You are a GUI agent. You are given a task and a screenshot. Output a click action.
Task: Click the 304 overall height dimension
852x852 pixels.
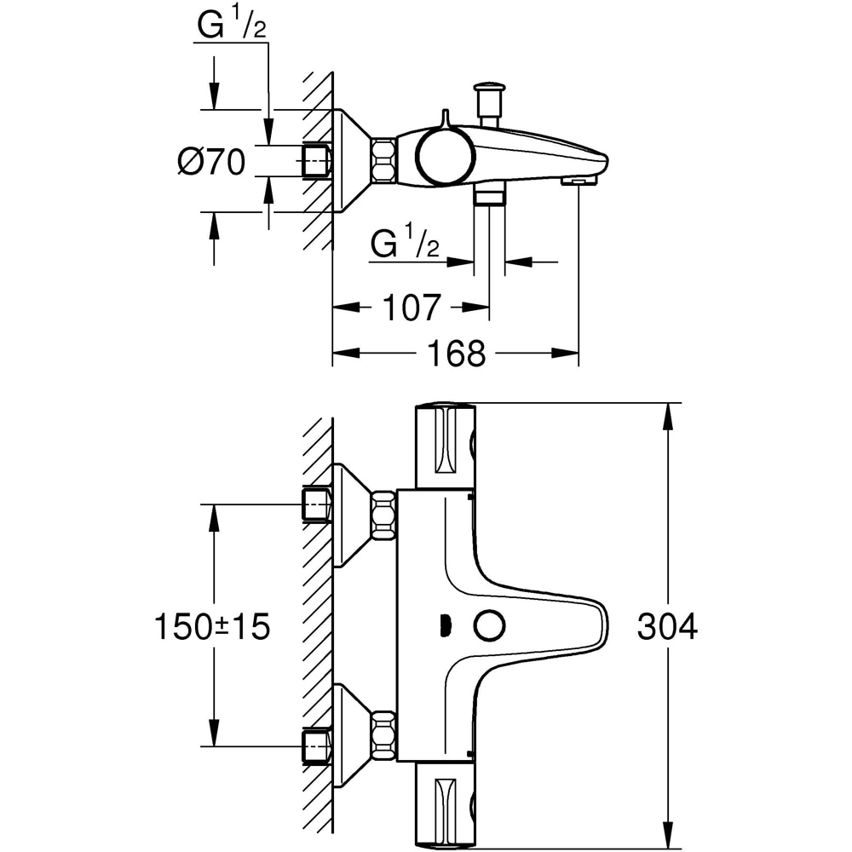667,626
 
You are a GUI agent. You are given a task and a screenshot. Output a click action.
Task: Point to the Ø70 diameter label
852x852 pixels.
211,161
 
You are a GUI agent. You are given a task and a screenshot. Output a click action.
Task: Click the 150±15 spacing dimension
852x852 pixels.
212,626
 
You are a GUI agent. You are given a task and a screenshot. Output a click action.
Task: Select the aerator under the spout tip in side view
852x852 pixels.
579,181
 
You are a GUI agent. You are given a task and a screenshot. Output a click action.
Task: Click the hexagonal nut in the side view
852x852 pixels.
384,159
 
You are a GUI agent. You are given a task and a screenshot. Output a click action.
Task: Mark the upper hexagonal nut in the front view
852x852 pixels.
384,515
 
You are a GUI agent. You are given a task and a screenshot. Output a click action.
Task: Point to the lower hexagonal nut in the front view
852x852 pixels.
384,735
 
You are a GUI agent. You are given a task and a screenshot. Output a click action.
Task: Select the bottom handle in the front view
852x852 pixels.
445,805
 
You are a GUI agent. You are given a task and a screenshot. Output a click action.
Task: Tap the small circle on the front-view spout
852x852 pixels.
489,626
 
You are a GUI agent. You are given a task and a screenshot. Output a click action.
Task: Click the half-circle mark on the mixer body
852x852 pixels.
443,626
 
